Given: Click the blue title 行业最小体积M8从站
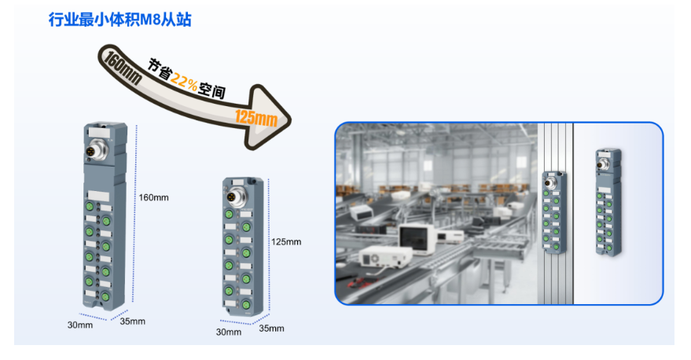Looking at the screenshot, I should point(119,20).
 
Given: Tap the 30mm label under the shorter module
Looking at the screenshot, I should point(229,332).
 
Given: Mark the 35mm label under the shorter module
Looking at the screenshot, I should point(271,328).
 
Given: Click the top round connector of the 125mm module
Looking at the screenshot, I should point(233,195).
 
